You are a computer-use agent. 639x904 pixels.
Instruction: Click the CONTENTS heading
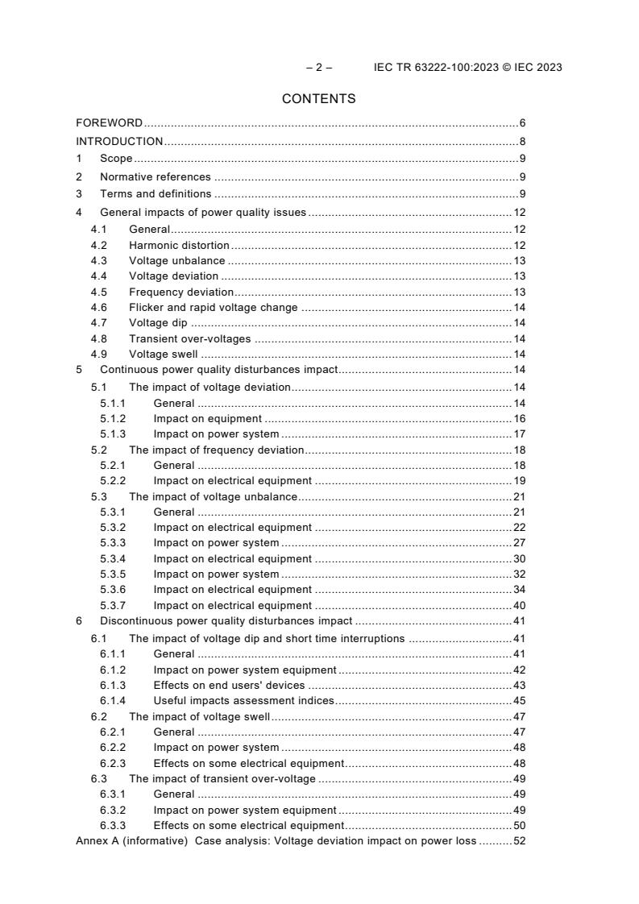tap(318, 99)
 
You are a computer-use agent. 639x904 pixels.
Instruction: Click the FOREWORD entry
tap(109, 123)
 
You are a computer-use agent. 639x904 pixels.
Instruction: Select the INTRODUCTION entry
tap(119, 142)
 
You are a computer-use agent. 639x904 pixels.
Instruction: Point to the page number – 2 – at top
tap(318, 67)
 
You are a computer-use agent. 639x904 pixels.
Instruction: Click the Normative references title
tap(155, 176)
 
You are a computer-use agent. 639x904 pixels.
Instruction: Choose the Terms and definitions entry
tap(156, 194)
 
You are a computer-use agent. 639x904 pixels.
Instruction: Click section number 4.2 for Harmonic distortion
tap(98, 245)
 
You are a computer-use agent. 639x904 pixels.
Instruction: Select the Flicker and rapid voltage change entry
tap(213, 307)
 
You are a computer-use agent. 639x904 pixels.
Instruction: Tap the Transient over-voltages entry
tap(189, 338)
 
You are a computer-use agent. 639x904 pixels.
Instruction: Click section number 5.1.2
tap(113, 418)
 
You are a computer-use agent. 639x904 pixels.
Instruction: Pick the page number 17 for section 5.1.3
tap(519, 434)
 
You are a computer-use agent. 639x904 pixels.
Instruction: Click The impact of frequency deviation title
tap(216, 450)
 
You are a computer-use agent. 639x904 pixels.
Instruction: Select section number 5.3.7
tap(113, 605)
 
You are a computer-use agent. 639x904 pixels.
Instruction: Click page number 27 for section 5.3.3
tap(519, 543)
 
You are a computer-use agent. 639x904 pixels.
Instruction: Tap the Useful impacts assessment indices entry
tap(243, 701)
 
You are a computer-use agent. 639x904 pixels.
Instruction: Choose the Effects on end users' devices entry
tap(230, 685)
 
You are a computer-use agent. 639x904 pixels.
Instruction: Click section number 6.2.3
tap(113, 763)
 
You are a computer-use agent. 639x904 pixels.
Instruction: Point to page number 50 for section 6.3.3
tap(519, 825)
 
